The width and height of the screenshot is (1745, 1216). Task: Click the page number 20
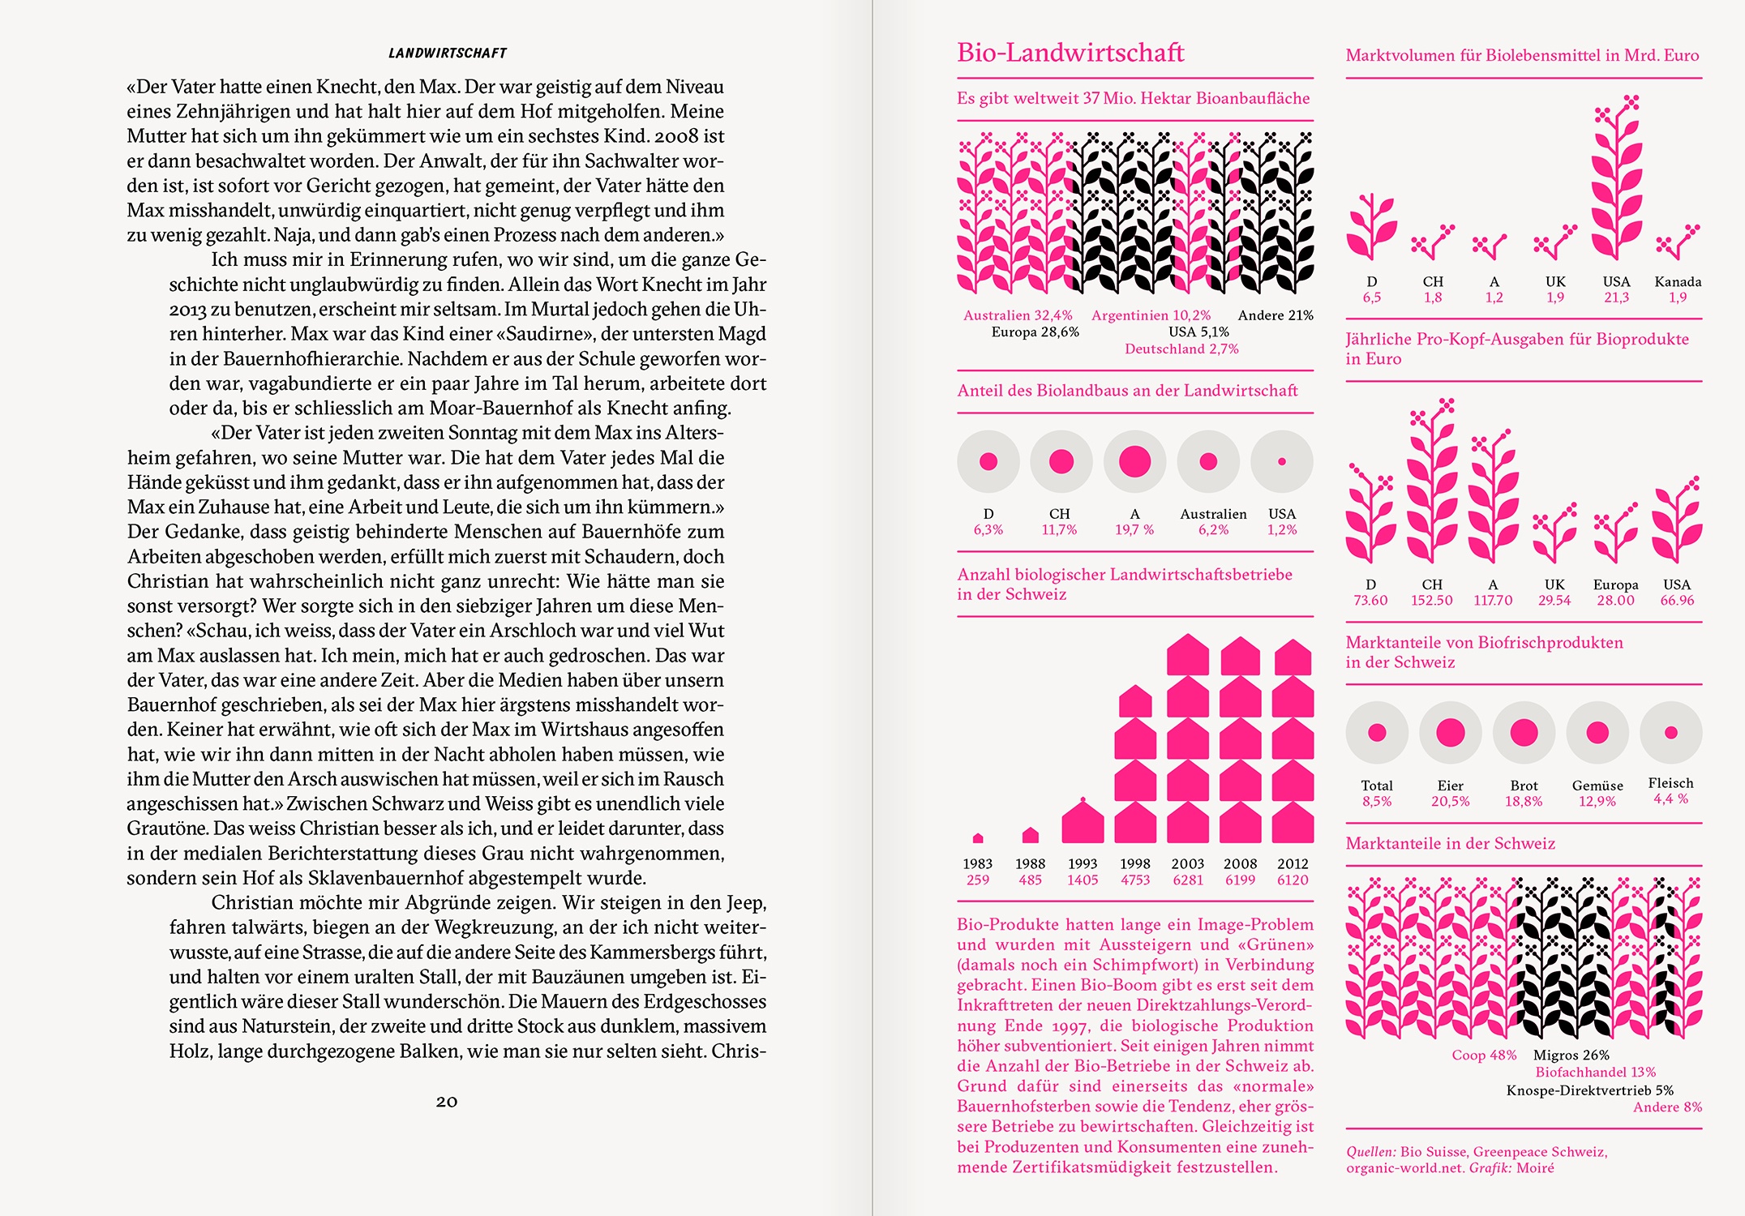(x=447, y=1102)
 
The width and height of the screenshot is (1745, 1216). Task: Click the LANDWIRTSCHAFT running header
(x=448, y=54)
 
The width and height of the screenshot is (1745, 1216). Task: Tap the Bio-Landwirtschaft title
(x=1070, y=53)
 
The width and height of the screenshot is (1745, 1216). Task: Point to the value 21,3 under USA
(x=1616, y=298)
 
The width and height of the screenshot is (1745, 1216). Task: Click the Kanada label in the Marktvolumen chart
(x=1678, y=282)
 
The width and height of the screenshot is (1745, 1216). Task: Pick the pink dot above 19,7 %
(x=1134, y=461)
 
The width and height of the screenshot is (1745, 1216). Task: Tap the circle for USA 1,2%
(x=1281, y=461)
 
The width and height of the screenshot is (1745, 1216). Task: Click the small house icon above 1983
(x=978, y=837)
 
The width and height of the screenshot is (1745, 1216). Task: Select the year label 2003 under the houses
(x=1187, y=864)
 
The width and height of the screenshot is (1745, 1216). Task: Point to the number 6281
(x=1187, y=880)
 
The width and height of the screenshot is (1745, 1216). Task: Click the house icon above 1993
(x=1083, y=820)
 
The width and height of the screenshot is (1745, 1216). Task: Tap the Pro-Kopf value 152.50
(x=1431, y=601)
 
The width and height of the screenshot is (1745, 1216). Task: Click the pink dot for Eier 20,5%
(x=1450, y=733)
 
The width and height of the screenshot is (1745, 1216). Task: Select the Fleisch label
(x=1670, y=783)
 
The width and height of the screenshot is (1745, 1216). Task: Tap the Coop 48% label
(x=1484, y=1055)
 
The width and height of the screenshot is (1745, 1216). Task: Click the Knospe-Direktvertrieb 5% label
(x=1589, y=1090)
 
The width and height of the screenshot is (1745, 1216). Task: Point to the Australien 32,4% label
(x=1018, y=315)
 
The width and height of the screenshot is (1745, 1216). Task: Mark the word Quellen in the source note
(x=1370, y=1152)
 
